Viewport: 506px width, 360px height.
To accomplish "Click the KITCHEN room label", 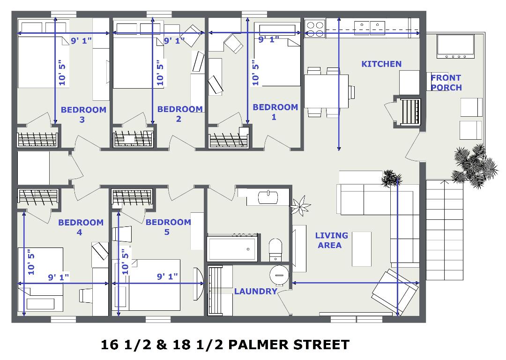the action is coord(381,64).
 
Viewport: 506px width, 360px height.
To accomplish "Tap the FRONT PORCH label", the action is coord(446,82).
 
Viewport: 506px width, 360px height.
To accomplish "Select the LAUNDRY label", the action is coord(256,291).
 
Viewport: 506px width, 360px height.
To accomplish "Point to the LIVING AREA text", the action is coord(331,240).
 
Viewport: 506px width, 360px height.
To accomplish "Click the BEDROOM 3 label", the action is coord(83,115).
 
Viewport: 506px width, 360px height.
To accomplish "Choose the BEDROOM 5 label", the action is coord(168,227).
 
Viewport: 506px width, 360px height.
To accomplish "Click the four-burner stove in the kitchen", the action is coord(315,29).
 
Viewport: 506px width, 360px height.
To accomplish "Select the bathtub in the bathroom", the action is coord(233,248).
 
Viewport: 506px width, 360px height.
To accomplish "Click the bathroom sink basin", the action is coord(268,197).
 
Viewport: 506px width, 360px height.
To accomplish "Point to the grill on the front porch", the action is coord(456,46).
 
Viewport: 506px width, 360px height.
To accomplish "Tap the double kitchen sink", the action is coord(370,28).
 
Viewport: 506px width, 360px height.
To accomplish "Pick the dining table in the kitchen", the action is coord(326,91).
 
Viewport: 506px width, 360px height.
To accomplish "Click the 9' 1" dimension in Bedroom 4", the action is coord(59,277).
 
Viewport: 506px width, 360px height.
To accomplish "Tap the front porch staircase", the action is coord(444,230).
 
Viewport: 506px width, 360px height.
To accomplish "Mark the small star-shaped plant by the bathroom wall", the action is coord(300,206).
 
